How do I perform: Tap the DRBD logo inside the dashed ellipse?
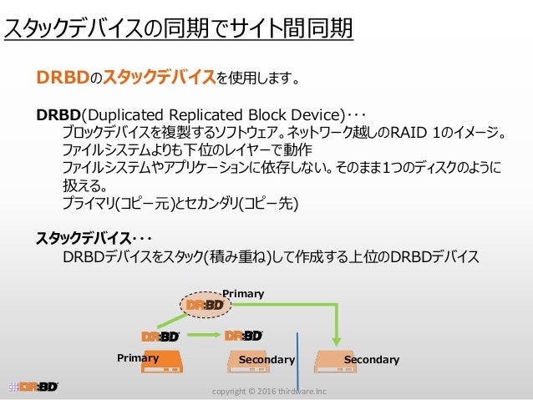[205, 305]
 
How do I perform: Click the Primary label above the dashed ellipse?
[244, 293]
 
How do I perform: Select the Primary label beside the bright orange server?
[138, 357]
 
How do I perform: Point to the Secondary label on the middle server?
[266, 360]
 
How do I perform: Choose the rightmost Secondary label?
[372, 360]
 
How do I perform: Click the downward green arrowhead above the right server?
[337, 341]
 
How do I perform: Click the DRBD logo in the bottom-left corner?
[33, 387]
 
